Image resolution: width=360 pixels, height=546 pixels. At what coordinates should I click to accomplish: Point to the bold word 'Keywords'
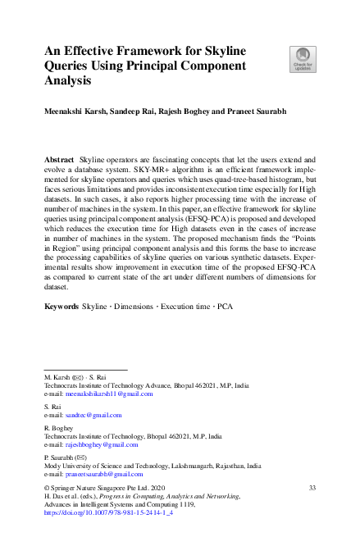pos(62,306)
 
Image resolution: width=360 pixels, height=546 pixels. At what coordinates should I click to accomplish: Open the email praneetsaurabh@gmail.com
pos(104,474)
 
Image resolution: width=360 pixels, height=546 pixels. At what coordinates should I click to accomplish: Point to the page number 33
pos(312,487)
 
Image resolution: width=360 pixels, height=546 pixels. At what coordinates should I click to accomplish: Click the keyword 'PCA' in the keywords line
pos(225,306)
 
